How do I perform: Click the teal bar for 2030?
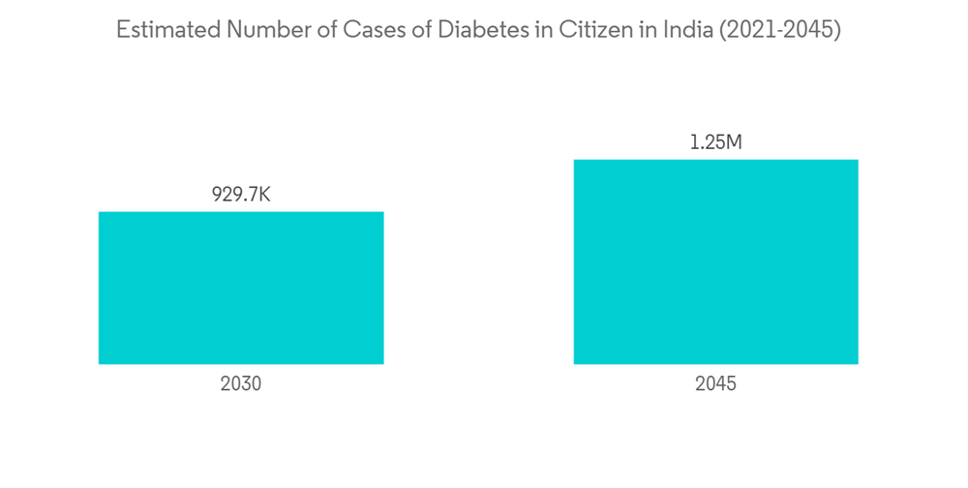(x=241, y=288)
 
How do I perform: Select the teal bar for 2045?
(x=715, y=261)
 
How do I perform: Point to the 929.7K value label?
(x=241, y=195)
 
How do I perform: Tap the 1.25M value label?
(x=715, y=142)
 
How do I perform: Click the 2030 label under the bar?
(x=241, y=383)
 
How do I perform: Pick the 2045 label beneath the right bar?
(x=715, y=383)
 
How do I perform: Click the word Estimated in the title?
(x=167, y=30)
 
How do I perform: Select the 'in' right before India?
(x=634, y=30)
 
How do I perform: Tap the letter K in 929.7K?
(x=263, y=195)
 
